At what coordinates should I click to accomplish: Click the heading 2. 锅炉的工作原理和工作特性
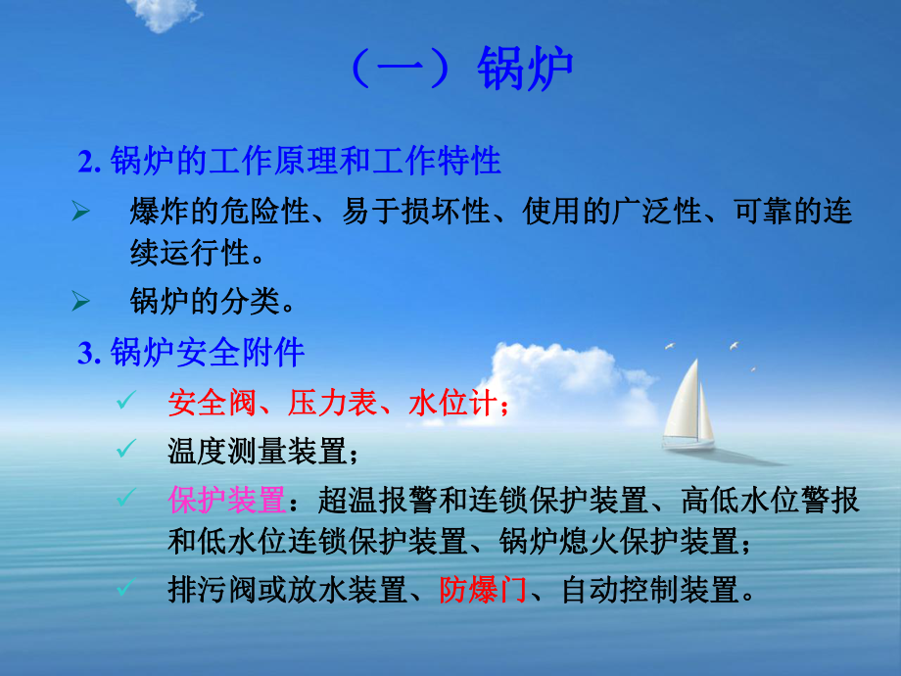291,161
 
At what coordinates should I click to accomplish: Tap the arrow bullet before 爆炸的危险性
82,212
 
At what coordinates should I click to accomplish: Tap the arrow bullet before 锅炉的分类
82,304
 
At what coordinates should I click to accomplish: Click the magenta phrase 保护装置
227,500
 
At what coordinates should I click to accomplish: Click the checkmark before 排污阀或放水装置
123,589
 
